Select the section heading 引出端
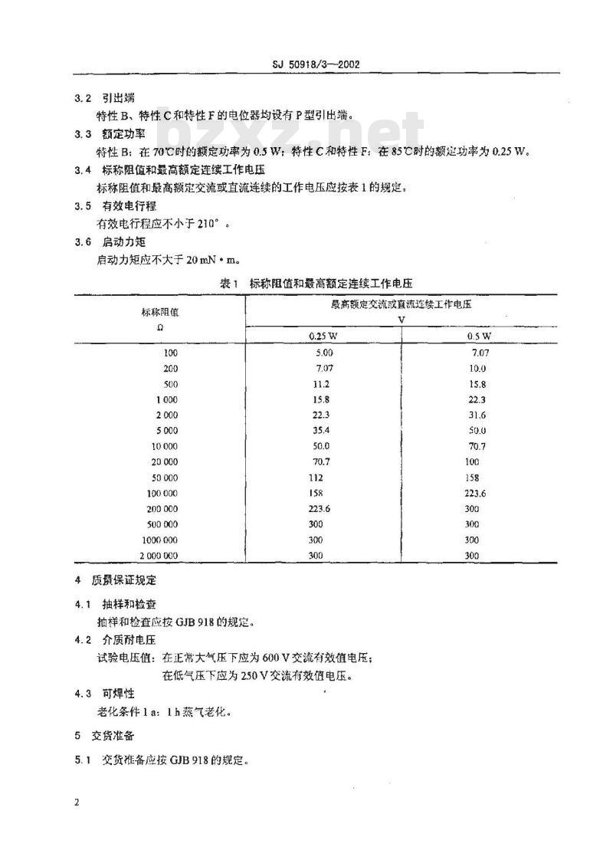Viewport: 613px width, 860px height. pyautogui.click(x=116, y=100)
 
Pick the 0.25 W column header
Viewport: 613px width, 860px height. pyautogui.click(x=321, y=336)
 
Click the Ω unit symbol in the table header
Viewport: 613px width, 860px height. pyautogui.click(x=159, y=327)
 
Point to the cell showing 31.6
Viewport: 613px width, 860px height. pyautogui.click(x=477, y=415)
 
